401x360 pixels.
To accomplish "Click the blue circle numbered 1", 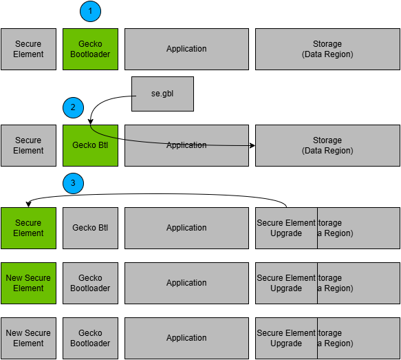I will click(90, 11).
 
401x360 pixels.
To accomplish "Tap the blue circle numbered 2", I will click(73, 107).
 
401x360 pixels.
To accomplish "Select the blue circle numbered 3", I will click(73, 183).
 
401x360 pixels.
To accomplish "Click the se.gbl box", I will click(162, 94).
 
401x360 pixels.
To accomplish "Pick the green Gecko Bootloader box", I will click(90, 49).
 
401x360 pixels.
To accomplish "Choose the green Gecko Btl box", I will click(90, 145).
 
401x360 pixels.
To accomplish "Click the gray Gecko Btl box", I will click(90, 228).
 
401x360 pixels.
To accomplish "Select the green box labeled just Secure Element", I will click(28, 228).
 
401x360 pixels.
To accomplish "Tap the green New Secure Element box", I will click(28, 283).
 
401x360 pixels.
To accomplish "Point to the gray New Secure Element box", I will click(28, 338).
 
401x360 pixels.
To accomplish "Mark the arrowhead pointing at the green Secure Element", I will click(28, 204).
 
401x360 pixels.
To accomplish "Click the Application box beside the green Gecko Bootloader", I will click(186, 49).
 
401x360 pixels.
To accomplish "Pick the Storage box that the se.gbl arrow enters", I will click(327, 145).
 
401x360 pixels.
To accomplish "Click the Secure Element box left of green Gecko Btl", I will click(28, 145).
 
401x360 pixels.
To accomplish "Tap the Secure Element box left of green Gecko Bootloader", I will click(28, 49).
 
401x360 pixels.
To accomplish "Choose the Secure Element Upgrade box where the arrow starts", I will click(286, 228).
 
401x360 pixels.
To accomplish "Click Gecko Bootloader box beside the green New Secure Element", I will click(90, 283).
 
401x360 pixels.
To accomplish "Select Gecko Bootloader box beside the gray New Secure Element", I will click(90, 338).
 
